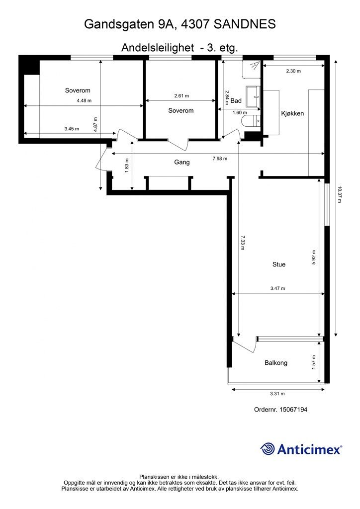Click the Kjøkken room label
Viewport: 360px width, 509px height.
click(x=292, y=114)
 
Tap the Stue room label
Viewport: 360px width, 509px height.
click(x=279, y=264)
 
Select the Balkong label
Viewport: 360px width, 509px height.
click(x=276, y=363)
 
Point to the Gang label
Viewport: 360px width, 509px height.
click(x=182, y=163)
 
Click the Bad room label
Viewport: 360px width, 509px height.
click(x=236, y=101)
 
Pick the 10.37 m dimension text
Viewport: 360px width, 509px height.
click(x=340, y=194)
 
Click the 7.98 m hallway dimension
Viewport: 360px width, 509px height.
click(x=220, y=159)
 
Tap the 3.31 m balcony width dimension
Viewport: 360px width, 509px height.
click(x=277, y=394)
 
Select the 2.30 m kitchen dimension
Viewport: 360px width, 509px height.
click(x=293, y=71)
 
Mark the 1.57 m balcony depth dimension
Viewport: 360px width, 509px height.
click(x=314, y=362)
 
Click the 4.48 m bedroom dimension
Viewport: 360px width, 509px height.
click(x=84, y=100)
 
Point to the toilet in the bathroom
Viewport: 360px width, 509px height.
click(x=251, y=121)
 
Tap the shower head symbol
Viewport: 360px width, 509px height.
click(x=254, y=65)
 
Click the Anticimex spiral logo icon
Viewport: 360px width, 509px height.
click(x=268, y=449)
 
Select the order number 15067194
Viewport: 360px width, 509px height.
click(x=293, y=410)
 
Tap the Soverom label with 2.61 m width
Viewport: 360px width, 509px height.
click(x=181, y=111)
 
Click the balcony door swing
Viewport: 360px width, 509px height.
click(x=247, y=345)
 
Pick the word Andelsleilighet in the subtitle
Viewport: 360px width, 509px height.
click(x=158, y=48)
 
